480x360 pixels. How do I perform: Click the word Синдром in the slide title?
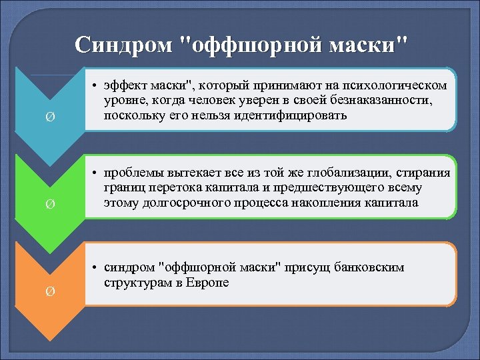click(124, 45)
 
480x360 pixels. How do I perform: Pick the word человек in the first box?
click(246, 101)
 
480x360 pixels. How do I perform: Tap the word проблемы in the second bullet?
click(131, 174)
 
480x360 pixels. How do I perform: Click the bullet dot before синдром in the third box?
click(96, 268)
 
